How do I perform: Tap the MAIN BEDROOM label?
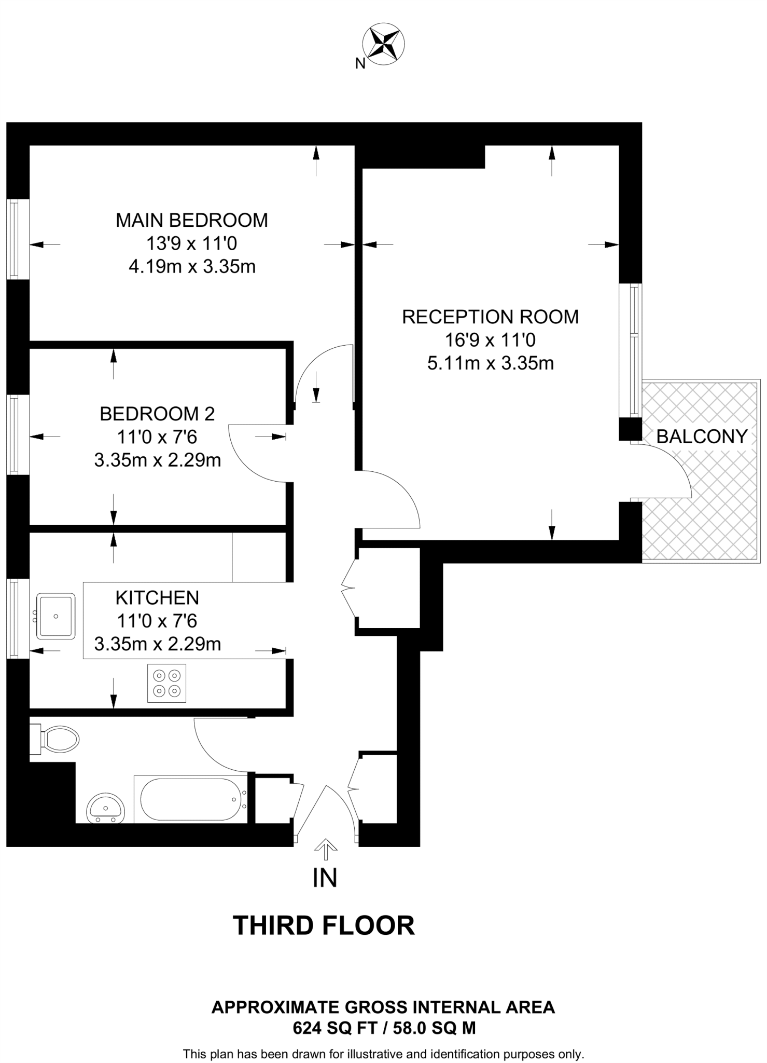pyautogui.click(x=191, y=220)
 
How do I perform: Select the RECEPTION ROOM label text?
pyautogui.click(x=490, y=317)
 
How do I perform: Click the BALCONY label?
pyautogui.click(x=702, y=437)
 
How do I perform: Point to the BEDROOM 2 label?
pyautogui.click(x=157, y=414)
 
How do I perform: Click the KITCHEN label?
pyautogui.click(x=157, y=597)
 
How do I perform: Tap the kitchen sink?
pyautogui.click(x=56, y=616)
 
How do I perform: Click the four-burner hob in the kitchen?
pyautogui.click(x=166, y=684)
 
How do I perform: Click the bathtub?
pyautogui.click(x=190, y=799)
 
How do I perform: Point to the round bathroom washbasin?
pyautogui.click(x=106, y=809)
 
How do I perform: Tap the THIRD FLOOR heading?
pyautogui.click(x=324, y=925)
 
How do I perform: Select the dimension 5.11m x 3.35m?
pyautogui.click(x=490, y=363)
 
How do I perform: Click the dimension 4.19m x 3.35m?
pyautogui.click(x=191, y=267)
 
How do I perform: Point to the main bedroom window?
pyautogui.click(x=13, y=239)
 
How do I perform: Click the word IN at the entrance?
pyautogui.click(x=325, y=878)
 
